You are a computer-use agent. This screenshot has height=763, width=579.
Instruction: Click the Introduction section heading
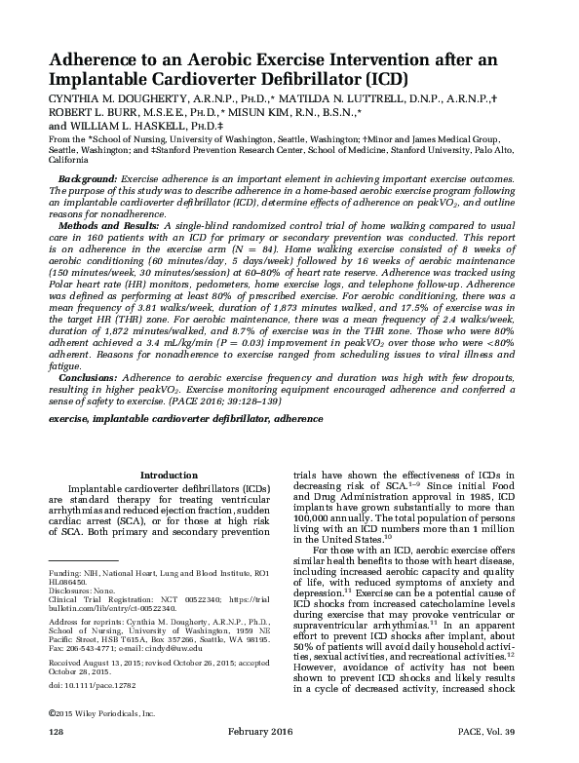170,475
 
